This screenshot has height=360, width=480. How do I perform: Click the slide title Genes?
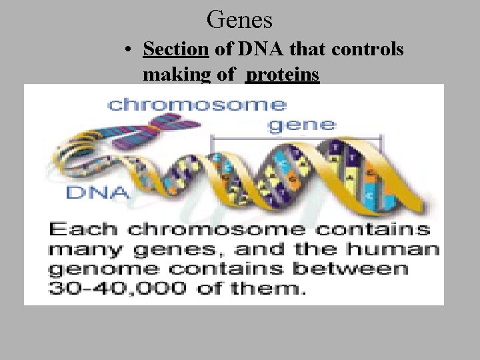[239, 20]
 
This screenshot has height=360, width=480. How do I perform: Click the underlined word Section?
[176, 50]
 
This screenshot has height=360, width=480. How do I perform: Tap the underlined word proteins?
[283, 75]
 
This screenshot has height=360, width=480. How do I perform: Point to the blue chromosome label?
[197, 105]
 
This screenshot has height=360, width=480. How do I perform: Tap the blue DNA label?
[97, 193]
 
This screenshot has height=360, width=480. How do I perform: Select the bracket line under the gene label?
[296, 136]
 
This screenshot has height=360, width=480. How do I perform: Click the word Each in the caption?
[84, 230]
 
